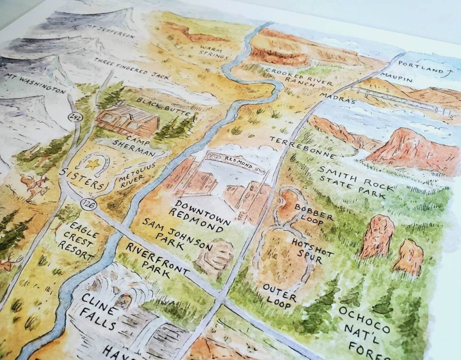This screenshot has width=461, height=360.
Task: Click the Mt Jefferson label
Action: point(110,31)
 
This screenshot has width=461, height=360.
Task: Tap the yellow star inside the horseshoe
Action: point(94,164)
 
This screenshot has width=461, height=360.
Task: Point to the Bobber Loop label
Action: point(314,213)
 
